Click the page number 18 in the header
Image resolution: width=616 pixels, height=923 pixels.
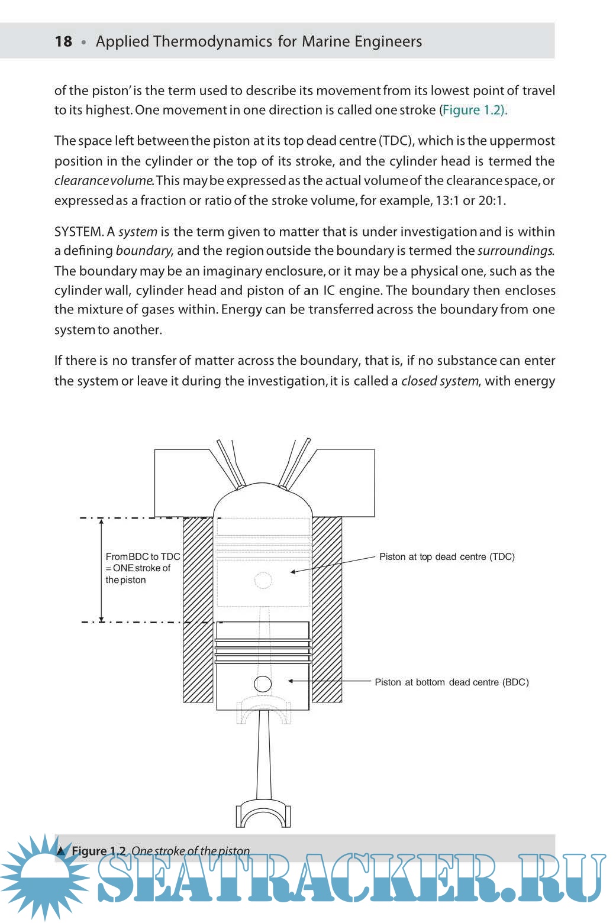pyautogui.click(x=63, y=41)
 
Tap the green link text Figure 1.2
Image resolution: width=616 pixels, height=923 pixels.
pyautogui.click(x=473, y=110)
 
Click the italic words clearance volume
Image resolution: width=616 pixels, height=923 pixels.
pyautogui.click(x=104, y=181)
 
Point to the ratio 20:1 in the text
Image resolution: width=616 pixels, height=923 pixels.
pyautogui.click(x=491, y=200)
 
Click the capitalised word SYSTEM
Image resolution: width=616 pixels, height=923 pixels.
pyautogui.click(x=79, y=232)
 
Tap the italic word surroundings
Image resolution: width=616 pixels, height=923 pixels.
pyautogui.click(x=515, y=251)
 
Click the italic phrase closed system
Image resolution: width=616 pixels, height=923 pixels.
pyautogui.click(x=439, y=381)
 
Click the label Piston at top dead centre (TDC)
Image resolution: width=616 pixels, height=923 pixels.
pyautogui.click(x=447, y=556)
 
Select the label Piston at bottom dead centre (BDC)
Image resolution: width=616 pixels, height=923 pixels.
pyautogui.click(x=451, y=682)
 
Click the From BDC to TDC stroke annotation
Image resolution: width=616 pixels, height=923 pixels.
pyautogui.click(x=142, y=568)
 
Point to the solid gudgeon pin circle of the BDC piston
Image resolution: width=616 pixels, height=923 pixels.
pyautogui.click(x=263, y=684)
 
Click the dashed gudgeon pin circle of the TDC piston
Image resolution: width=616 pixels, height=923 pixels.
pyautogui.click(x=263, y=580)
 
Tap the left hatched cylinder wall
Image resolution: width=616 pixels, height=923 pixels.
pyautogui.click(x=198, y=609)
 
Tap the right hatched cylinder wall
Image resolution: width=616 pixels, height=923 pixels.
pyautogui.click(x=327, y=609)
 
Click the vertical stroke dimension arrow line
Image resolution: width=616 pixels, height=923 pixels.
pyautogui.click(x=101, y=569)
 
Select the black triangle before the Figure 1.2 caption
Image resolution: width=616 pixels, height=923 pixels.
pyautogui.click(x=62, y=851)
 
